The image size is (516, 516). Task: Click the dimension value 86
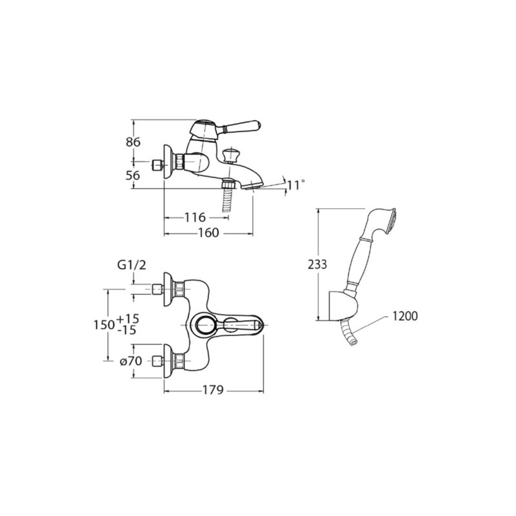[133, 142]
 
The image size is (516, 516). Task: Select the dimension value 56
[133, 175]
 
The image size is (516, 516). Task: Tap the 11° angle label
[296, 185]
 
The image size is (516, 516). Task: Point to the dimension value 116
[195, 217]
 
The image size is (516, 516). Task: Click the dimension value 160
[208, 233]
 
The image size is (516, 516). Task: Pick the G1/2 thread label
[132, 265]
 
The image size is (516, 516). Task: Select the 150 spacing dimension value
[104, 325]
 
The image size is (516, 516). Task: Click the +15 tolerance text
[128, 319]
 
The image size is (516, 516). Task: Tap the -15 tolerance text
[126, 330]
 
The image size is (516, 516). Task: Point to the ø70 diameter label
[131, 361]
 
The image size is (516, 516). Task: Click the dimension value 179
[213, 390]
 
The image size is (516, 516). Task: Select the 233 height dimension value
[317, 264]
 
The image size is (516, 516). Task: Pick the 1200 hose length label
[405, 316]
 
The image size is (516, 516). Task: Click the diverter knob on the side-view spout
[230, 155]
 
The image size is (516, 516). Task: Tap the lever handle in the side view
[241, 126]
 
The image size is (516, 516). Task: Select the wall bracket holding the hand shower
[342, 304]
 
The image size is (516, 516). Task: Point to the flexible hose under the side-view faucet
[228, 197]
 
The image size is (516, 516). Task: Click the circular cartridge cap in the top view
[206, 325]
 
